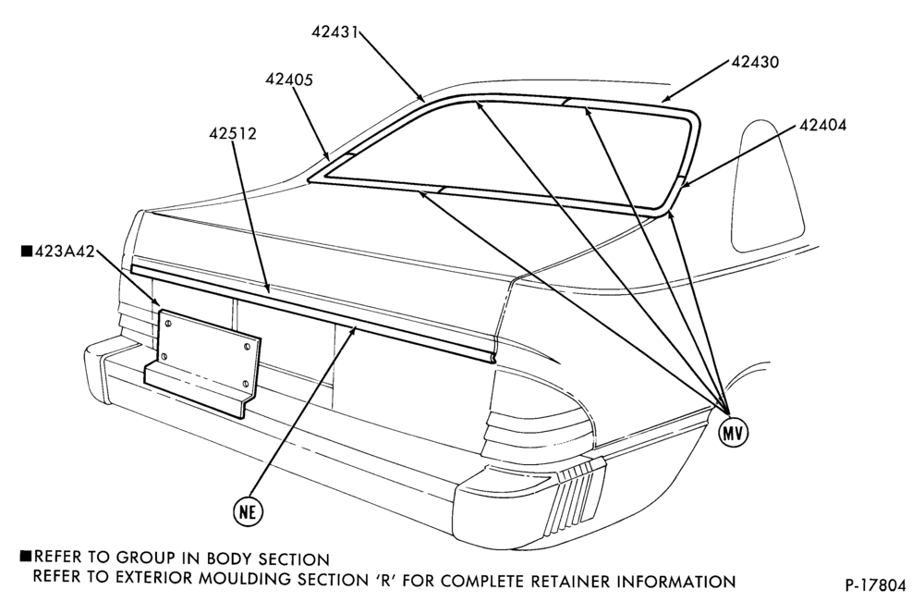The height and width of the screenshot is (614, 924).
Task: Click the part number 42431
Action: click(x=334, y=31)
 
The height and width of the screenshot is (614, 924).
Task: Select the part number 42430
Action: click(x=755, y=61)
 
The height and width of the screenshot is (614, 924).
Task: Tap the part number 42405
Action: click(x=288, y=79)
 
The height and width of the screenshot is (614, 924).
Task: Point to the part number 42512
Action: click(x=233, y=133)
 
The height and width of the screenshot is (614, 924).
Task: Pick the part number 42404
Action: click(x=822, y=125)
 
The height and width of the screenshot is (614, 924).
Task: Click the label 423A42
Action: click(x=65, y=252)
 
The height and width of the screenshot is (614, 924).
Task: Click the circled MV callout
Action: click(x=733, y=433)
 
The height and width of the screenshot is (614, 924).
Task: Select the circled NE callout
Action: click(x=248, y=511)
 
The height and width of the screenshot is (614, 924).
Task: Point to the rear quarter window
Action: click(x=767, y=187)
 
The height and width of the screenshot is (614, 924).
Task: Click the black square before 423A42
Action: click(x=27, y=252)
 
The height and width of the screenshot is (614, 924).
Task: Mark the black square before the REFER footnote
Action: click(x=26, y=556)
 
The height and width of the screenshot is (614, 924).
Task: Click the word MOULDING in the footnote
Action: click(x=244, y=579)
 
